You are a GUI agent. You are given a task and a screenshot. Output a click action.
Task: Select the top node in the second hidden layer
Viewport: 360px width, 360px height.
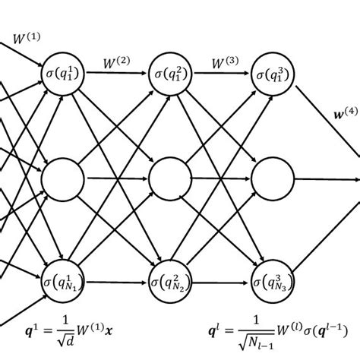pos(170,74)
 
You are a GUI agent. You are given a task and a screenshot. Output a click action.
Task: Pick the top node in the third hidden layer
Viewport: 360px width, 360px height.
pos(273,74)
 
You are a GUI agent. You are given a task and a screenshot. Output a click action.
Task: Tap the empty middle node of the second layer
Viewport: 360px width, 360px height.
pos(170,180)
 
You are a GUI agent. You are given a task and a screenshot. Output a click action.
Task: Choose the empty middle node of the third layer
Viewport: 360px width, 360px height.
pos(273,180)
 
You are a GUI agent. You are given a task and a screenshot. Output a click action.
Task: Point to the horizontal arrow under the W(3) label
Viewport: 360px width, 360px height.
pos(223,74)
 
